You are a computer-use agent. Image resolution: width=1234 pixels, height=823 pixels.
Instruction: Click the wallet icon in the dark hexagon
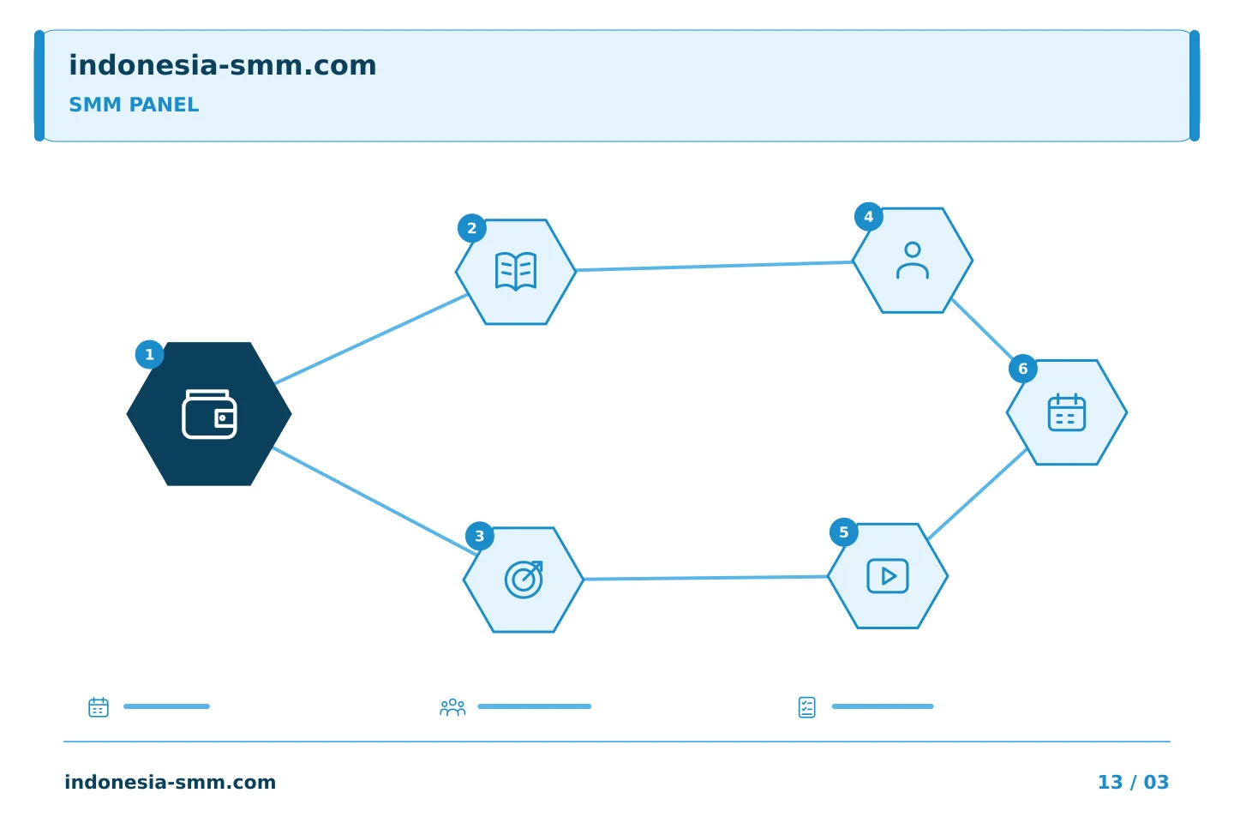209,414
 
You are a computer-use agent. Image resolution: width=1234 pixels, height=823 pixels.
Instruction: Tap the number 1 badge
149,354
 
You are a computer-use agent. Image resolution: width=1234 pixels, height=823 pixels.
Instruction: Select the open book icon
516,271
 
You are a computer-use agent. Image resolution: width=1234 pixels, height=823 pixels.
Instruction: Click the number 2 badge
471,228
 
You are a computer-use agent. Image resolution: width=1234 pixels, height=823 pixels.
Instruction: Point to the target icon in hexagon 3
524,580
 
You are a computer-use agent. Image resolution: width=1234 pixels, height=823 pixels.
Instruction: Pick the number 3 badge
479,536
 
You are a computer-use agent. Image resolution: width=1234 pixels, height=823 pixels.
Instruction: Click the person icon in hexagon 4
913,260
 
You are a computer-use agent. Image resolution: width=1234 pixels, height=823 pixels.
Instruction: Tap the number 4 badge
869,217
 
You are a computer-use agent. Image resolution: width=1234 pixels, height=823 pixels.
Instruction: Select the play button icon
888,576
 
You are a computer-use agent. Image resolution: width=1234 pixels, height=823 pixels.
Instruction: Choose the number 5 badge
843,532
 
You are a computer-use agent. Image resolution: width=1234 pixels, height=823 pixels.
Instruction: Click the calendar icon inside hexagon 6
1067,412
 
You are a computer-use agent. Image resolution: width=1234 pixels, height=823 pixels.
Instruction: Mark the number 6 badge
1023,369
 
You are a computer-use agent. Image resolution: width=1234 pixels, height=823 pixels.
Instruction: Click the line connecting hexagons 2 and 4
714,267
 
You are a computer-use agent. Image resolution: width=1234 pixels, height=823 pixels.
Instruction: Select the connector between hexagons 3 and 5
705,578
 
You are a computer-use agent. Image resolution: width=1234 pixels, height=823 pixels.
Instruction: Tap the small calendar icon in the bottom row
99,706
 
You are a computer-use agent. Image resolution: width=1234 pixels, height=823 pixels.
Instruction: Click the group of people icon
452,706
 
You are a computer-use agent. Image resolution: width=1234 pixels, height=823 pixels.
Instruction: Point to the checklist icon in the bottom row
806,707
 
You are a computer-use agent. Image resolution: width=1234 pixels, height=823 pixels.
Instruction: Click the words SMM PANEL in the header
134,105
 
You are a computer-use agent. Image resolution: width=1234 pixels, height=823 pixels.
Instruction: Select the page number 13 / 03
1133,782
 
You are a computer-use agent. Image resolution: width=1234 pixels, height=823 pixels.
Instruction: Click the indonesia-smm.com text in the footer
171,782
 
